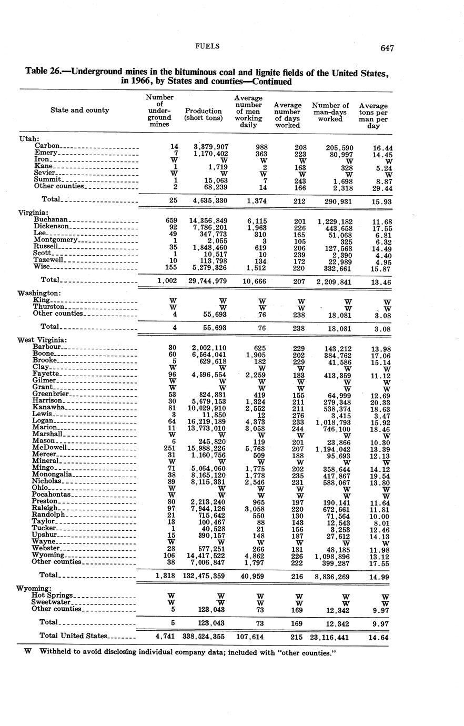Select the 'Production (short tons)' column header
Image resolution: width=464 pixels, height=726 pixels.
click(x=203, y=114)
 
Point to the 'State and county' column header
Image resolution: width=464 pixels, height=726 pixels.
click(x=80, y=110)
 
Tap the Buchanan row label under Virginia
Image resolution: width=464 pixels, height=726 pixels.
click(x=51, y=219)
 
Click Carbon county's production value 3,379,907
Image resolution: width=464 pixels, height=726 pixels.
click(x=210, y=146)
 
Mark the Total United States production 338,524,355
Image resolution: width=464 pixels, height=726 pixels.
click(x=203, y=636)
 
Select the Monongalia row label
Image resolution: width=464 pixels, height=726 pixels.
click(x=52, y=475)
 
